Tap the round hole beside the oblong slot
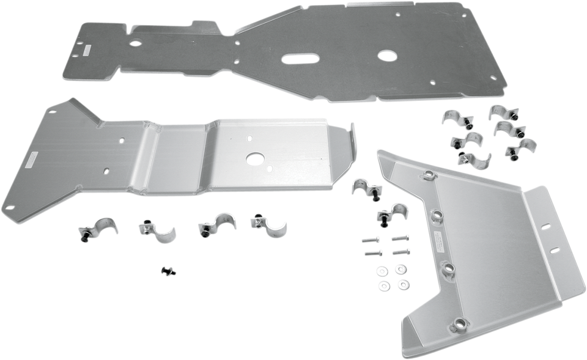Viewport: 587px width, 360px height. click(386, 56)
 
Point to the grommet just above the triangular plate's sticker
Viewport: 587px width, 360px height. click(438, 215)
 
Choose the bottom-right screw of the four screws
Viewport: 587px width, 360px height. click(397, 252)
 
